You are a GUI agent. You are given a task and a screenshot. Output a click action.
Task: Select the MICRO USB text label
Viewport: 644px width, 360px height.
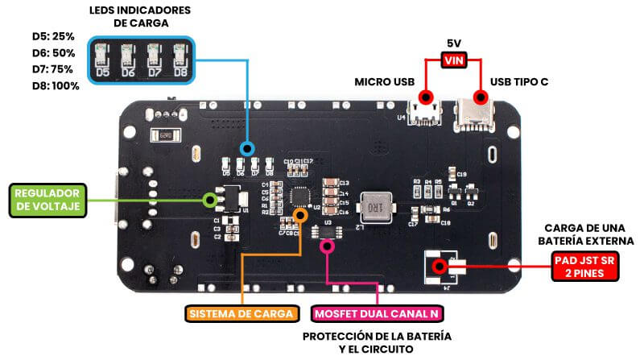click(385, 82)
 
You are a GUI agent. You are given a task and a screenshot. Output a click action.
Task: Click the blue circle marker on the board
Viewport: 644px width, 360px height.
click(248, 148)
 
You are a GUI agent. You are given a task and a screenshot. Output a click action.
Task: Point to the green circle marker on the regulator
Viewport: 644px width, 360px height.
click(211, 198)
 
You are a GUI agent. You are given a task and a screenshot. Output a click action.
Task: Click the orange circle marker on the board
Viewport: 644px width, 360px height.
click(300, 215)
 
